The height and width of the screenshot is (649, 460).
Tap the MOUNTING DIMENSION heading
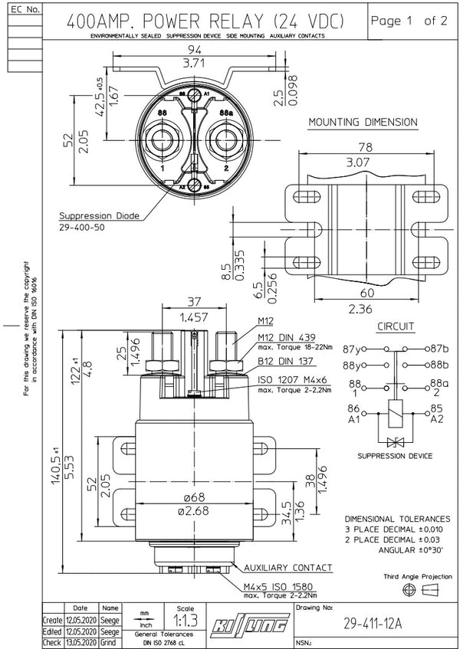[x=362, y=123]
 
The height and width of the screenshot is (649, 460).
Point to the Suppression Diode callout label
[x=99, y=216]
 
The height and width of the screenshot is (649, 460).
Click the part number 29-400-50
[x=84, y=228]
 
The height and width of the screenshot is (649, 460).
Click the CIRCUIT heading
[x=396, y=327]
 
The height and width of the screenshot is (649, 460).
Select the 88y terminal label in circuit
[x=354, y=365]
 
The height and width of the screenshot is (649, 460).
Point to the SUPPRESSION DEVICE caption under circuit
[x=395, y=456]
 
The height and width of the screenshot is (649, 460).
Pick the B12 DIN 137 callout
[x=284, y=361]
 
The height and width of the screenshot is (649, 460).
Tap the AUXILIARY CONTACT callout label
[x=288, y=568]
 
